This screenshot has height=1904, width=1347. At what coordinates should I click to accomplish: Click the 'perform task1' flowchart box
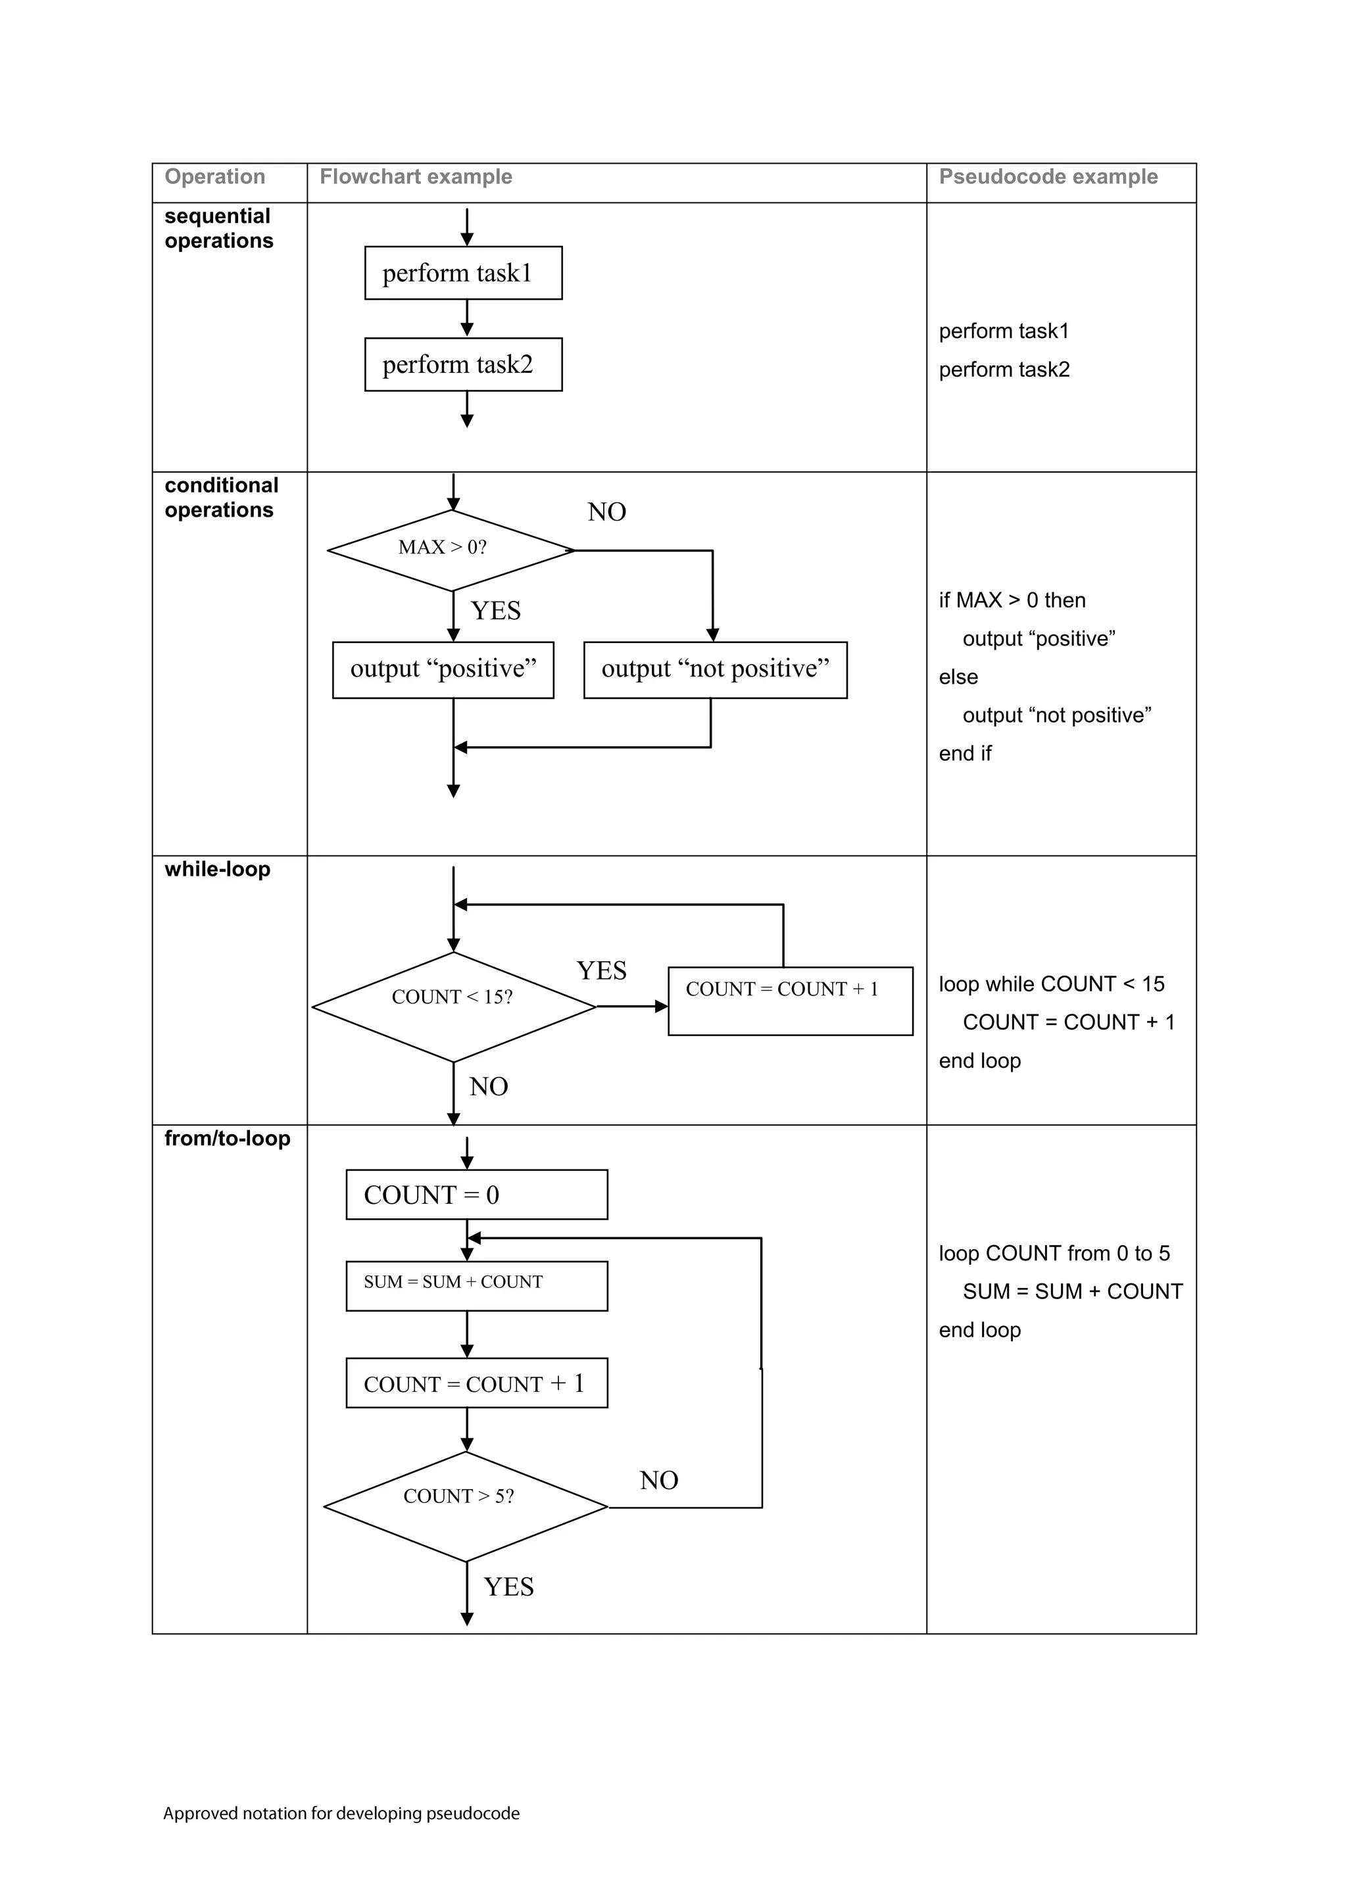pyautogui.click(x=463, y=273)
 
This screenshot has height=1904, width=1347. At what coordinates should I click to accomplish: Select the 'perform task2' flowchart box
pyautogui.click(x=463, y=364)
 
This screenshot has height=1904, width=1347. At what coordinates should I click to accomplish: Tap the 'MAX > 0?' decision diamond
pyautogui.click(x=451, y=549)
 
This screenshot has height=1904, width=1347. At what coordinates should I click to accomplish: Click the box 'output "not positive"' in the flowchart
pyautogui.click(x=715, y=669)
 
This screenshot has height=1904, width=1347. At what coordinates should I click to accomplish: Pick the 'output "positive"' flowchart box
pyautogui.click(x=443, y=669)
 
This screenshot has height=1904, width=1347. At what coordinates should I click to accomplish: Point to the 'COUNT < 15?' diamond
pyautogui.click(x=453, y=1006)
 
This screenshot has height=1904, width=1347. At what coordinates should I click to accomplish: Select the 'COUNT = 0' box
pyautogui.click(x=476, y=1194)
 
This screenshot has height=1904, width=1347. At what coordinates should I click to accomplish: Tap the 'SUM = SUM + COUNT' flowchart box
pyautogui.click(x=476, y=1285)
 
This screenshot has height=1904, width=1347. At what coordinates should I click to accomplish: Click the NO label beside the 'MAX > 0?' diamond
pyautogui.click(x=606, y=512)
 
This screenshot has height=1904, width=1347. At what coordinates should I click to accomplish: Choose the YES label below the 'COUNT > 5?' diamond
pyautogui.click(x=508, y=1586)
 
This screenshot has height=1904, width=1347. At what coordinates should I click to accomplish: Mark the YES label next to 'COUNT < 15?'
pyautogui.click(x=601, y=970)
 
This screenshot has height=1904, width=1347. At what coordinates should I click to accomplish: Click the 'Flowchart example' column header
pyautogui.click(x=416, y=177)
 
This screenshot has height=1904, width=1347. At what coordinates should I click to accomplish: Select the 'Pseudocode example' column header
pyautogui.click(x=1048, y=177)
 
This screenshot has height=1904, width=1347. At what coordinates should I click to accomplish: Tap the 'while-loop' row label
pyautogui.click(x=217, y=869)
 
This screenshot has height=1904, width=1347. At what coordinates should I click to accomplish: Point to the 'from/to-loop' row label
pyautogui.click(x=228, y=1138)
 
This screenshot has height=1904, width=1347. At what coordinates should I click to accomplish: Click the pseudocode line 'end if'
pyautogui.click(x=965, y=753)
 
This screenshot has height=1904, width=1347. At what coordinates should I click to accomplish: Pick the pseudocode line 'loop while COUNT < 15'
pyautogui.click(x=1051, y=984)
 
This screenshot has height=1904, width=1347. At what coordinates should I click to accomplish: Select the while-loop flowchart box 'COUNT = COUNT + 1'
pyautogui.click(x=790, y=1000)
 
